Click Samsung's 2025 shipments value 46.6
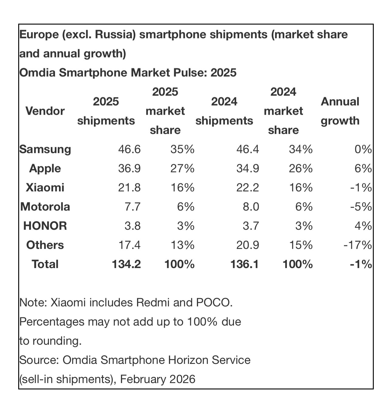[x=129, y=149]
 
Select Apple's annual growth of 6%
[x=363, y=169]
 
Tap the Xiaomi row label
[x=45, y=187]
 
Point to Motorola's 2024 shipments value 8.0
[x=251, y=207]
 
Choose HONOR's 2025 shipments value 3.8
[x=132, y=226]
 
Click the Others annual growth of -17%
[x=358, y=245]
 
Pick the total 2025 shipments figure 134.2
[x=126, y=264]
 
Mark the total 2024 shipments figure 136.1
[x=245, y=264]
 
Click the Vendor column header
[x=45, y=111]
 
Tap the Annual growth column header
[x=340, y=111]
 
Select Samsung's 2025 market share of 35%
[x=182, y=149]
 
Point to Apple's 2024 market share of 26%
[x=301, y=169]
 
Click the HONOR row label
[x=45, y=226]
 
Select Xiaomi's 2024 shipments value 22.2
[x=248, y=187]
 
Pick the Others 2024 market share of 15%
[x=301, y=245]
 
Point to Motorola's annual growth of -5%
[x=361, y=207]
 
